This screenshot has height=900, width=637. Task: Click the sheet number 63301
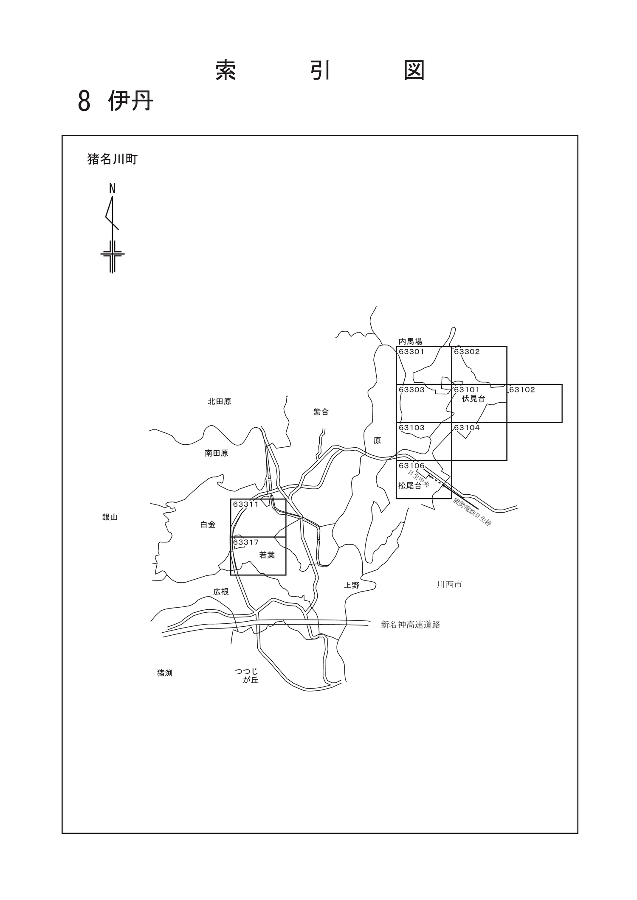412,352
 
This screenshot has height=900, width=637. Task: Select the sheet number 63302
467,352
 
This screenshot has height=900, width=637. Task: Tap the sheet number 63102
522,390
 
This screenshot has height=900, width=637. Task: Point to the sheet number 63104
467,428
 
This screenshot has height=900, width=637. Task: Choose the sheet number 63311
246,504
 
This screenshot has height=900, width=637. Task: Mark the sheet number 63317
246,542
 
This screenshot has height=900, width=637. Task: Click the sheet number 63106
412,465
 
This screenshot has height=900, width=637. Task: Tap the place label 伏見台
474,398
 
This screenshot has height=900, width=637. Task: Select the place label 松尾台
410,486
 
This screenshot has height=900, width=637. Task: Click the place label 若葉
267,555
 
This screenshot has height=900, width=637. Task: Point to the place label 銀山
110,517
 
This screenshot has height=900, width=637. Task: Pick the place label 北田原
220,401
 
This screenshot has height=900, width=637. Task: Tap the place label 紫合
321,412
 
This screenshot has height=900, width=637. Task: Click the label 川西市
449,584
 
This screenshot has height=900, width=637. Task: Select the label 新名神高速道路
410,624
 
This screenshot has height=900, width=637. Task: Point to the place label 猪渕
165,673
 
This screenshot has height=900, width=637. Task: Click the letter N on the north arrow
112,188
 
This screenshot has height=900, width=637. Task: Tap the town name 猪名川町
113,160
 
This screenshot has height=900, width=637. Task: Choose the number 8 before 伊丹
84,101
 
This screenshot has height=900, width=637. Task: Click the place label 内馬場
410,341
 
